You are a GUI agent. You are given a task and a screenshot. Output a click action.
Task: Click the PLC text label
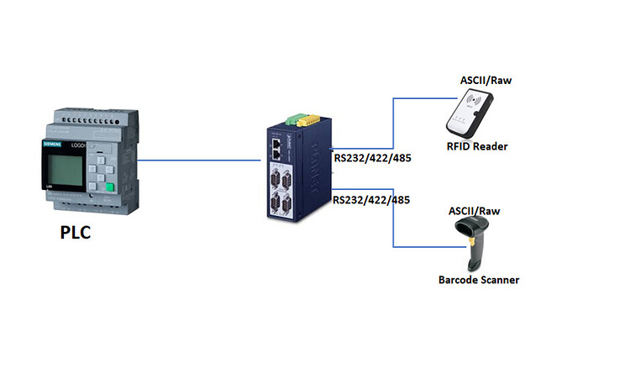75,232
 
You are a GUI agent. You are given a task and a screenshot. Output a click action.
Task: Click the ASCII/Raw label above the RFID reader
487,81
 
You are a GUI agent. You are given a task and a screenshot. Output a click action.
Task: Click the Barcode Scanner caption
479,279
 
